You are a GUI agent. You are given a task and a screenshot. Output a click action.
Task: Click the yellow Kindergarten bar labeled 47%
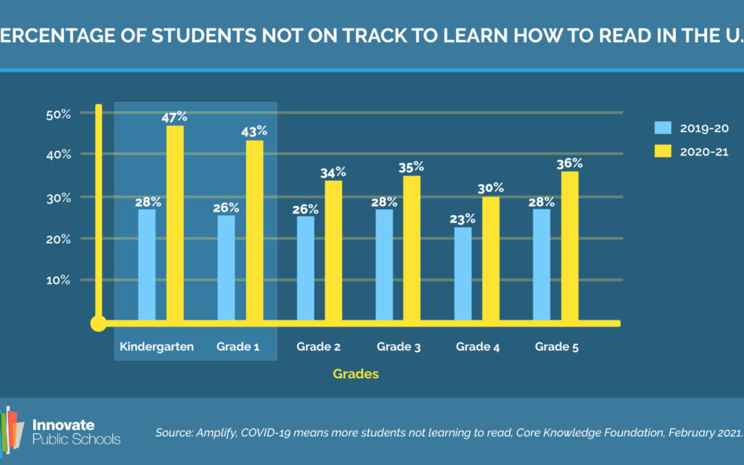(175, 223)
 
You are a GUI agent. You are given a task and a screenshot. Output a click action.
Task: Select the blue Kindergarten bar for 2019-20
(147, 265)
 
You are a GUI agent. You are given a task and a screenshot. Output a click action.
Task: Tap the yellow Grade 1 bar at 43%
(255, 230)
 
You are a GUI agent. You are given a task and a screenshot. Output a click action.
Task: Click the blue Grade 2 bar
(305, 268)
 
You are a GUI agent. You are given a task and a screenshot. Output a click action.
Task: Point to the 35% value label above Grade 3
(411, 167)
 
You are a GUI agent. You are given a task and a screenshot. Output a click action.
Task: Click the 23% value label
(463, 218)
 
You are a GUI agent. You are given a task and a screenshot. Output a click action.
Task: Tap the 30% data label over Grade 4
(490, 187)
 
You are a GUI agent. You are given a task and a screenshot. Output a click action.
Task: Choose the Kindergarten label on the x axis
(156, 347)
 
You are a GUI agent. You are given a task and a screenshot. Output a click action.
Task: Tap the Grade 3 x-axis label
(398, 347)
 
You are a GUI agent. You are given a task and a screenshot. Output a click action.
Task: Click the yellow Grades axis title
(355, 374)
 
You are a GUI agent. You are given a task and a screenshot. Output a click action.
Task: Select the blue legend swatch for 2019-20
(663, 128)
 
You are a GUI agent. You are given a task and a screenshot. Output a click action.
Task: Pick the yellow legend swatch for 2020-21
(663, 151)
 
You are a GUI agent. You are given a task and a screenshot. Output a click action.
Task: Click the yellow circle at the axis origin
(99, 322)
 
